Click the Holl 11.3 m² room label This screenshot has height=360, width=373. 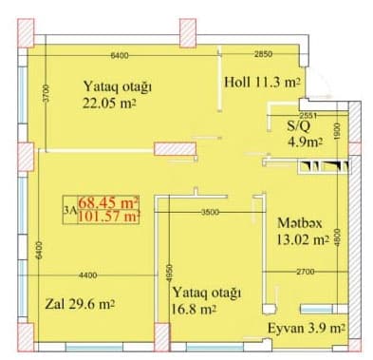pos(262,83)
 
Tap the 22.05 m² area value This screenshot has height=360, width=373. pos(110,103)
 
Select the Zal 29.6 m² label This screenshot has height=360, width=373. pos(80,304)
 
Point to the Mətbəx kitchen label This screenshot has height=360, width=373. pos(300,223)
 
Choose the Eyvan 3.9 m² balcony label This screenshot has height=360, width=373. pos(307,329)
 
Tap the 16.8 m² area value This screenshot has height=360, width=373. pos(193,309)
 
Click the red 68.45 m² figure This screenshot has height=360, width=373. pos(108,202)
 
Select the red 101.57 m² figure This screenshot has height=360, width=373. pos(108,217)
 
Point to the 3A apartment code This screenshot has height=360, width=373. pos(70,210)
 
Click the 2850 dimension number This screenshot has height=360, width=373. pos(263,54)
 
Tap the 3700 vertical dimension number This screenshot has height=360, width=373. pos(47,93)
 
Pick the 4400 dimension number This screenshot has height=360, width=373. pos(87,275)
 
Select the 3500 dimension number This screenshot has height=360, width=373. pos(210,212)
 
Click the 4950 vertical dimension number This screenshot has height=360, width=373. pos(169,273)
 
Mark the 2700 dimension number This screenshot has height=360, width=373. pos(306,272)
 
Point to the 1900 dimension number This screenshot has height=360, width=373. pos(337,131)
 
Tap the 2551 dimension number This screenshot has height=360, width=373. pos(308,115)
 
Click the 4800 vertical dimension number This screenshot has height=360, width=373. pos(338,237)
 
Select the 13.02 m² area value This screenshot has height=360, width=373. pos(302,239)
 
